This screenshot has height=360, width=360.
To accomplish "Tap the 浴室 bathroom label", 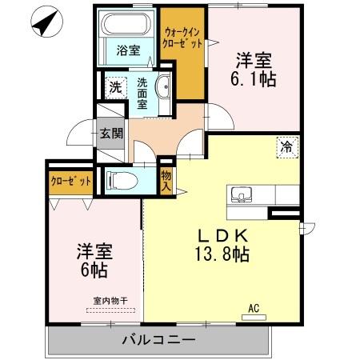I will tap(128, 50).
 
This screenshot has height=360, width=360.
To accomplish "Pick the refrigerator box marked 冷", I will tap(286, 146).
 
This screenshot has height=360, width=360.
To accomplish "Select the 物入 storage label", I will tap(166, 181).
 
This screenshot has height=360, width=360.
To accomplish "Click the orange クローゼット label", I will tap(70, 181).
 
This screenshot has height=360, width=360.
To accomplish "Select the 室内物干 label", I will tap(107, 302).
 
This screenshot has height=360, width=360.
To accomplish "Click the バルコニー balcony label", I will tap(158, 341).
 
